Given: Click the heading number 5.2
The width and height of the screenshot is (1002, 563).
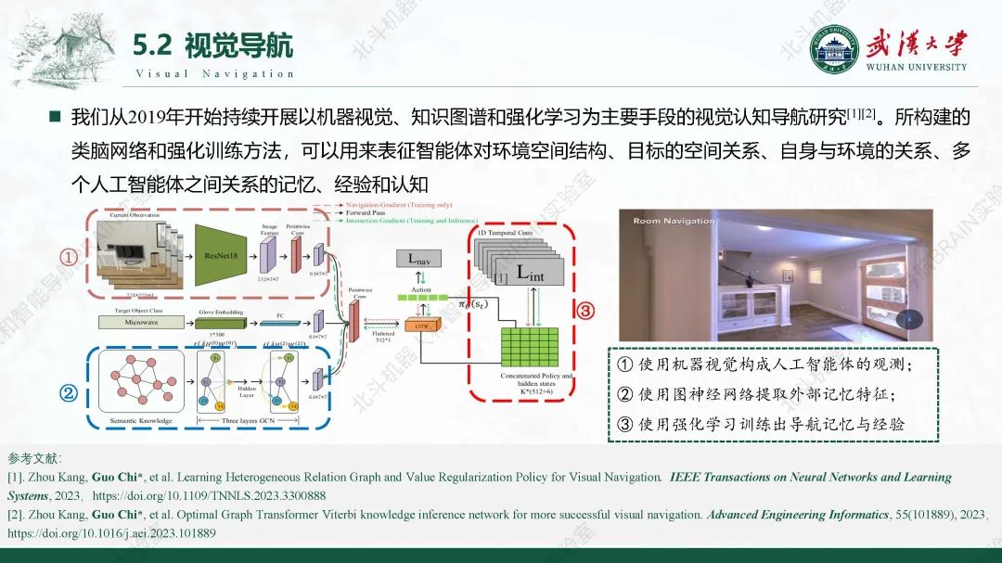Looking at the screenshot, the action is (153, 45).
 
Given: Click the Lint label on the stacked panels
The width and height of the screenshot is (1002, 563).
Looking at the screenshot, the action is (529, 273).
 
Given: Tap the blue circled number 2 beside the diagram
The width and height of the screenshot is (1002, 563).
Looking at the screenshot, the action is (68, 392).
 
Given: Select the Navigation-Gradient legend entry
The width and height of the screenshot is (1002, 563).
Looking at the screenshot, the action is (395, 203).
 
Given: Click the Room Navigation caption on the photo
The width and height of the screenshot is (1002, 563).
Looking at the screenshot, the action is (674, 221).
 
